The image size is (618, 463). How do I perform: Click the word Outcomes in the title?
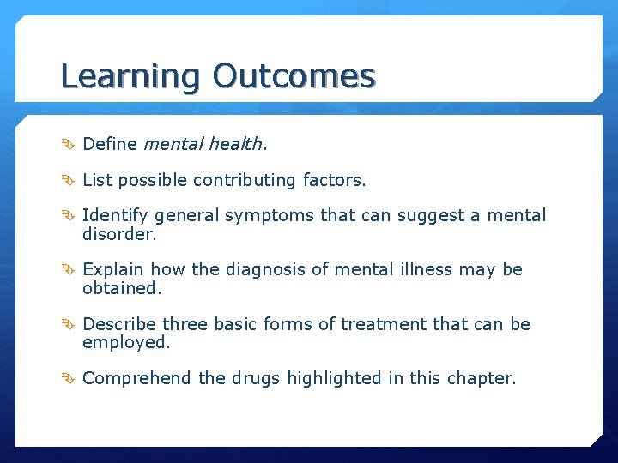click(x=294, y=76)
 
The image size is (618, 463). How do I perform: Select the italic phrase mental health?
click(x=205, y=144)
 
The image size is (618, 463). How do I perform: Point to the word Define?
click(x=110, y=144)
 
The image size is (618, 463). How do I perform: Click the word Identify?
click(x=114, y=215)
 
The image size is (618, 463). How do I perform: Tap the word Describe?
click(x=119, y=324)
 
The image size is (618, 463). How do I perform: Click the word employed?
click(x=126, y=342)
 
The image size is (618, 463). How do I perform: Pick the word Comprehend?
click(x=137, y=378)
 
